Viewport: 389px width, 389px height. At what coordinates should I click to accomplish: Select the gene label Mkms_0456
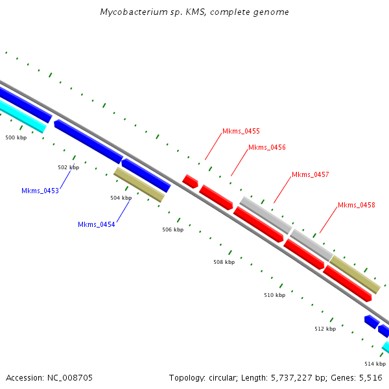point(266,147)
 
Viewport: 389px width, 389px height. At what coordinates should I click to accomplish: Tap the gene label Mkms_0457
point(310,174)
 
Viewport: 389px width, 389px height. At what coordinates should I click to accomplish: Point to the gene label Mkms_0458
point(356,205)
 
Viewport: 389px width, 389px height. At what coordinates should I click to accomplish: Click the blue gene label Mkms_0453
point(40,191)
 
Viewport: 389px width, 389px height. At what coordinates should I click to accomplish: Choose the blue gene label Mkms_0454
point(97,224)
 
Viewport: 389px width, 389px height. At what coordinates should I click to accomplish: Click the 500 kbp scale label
point(16,137)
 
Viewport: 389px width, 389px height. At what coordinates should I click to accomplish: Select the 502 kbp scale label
point(68,167)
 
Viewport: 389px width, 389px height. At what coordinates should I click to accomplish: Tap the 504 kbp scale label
point(121,198)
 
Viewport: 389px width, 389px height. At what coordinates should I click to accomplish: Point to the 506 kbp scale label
point(172,230)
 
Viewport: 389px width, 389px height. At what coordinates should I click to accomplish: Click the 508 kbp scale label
point(224,262)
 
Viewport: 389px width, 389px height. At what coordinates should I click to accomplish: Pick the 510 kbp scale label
point(274,295)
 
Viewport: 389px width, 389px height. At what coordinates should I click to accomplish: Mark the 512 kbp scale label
point(325,329)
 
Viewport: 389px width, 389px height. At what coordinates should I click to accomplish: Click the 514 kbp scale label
point(375,364)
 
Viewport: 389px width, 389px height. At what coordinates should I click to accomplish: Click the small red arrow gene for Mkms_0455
point(190,181)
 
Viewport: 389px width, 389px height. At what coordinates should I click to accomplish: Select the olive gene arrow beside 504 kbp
point(139,185)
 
